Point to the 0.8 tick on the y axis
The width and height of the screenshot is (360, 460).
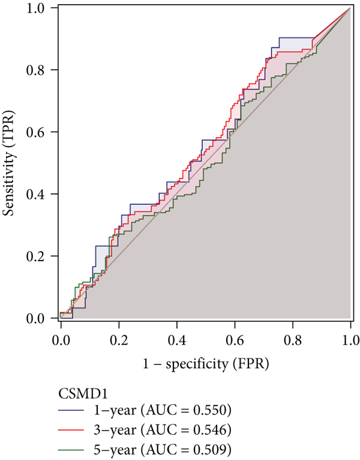point(40,70)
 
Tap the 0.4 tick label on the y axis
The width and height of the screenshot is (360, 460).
point(40,194)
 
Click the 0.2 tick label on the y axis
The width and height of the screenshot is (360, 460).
point(40,256)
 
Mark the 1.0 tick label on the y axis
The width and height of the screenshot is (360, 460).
point(40,8)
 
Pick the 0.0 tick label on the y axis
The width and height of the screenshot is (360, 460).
point(40,318)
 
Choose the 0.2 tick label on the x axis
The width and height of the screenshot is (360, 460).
point(119,340)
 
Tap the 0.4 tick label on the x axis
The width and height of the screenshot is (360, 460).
point(176,340)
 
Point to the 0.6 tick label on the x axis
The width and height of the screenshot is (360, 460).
point(235,340)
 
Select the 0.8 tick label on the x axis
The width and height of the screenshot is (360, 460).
point(293,340)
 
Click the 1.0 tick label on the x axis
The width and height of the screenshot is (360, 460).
point(350,340)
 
